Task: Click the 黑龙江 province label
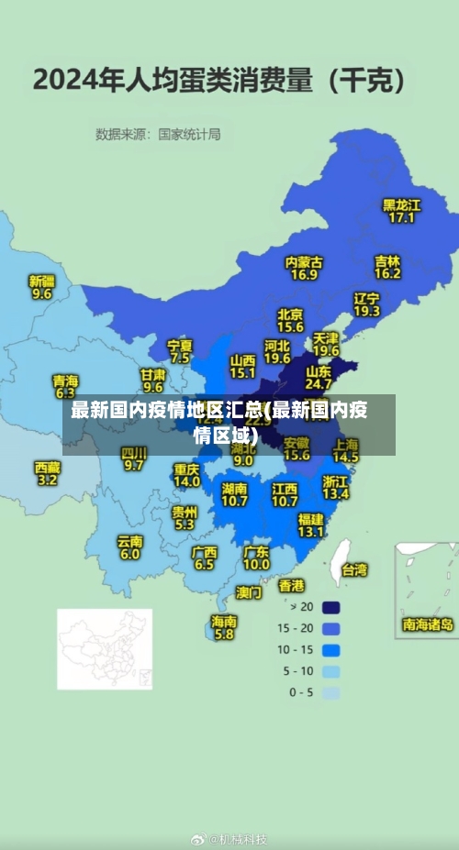point(401,204)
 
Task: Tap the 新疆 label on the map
point(41,281)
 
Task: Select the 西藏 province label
point(48,467)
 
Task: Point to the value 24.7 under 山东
point(319,384)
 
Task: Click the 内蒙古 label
point(304,261)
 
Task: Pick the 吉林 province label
point(387,260)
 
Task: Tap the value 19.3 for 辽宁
point(366,311)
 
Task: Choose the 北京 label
point(290,315)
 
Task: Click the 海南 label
point(224,621)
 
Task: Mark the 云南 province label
point(129,541)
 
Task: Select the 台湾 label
point(354,569)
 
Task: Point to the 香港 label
point(291,584)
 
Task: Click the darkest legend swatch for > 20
point(330,606)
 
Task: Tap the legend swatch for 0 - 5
point(330,692)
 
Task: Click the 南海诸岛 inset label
point(428,624)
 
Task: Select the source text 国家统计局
point(189,134)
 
